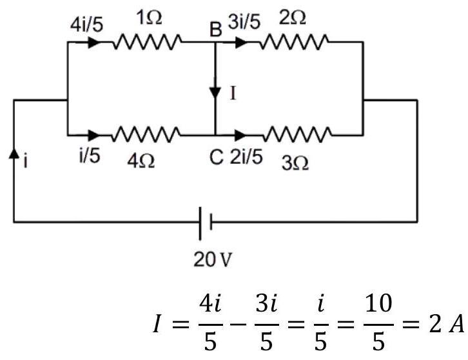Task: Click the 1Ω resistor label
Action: click(150, 17)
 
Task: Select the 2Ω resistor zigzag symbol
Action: click(294, 42)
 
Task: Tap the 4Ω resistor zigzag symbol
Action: click(146, 134)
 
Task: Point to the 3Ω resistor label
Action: click(295, 163)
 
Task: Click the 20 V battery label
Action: click(213, 259)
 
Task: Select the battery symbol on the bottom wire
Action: click(206, 223)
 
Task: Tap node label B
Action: click(216, 30)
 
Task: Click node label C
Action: click(216, 157)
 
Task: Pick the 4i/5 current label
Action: click(87, 25)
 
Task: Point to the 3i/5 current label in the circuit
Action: click(244, 22)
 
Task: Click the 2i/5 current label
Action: click(246, 157)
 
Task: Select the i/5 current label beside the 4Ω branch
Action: click(90, 155)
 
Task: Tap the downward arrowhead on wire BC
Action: click(215, 92)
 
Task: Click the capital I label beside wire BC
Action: click(233, 93)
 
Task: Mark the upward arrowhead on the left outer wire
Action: click(14, 154)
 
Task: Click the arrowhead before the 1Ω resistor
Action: click(95, 43)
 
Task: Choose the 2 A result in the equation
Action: click(447, 325)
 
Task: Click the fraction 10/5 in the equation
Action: click(378, 323)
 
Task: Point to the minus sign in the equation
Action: click(239, 325)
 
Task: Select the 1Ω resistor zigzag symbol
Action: click(147, 42)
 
